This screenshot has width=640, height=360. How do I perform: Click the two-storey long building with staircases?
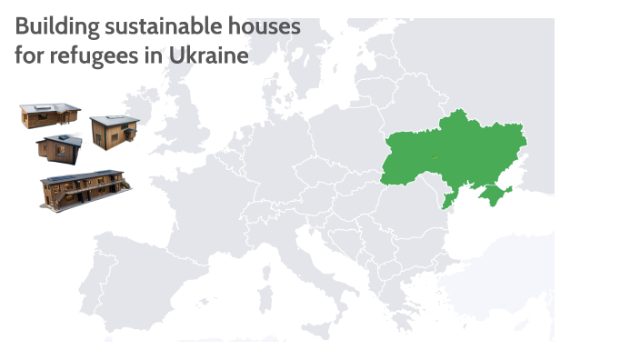click(84, 189)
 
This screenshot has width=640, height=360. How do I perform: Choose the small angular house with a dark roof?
click(59, 146)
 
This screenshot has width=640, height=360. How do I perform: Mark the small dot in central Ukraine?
click(435, 156)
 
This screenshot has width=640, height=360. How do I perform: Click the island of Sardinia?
click(265, 273)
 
